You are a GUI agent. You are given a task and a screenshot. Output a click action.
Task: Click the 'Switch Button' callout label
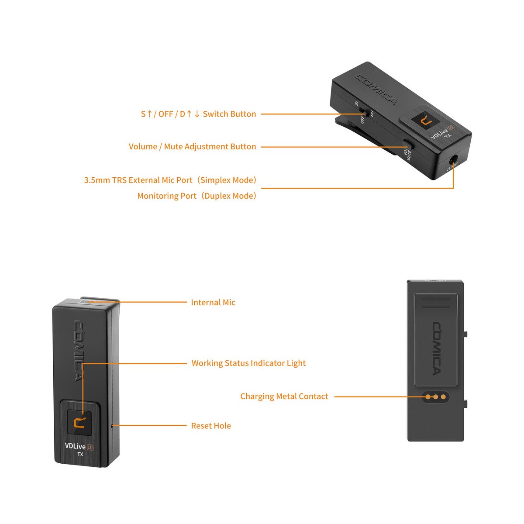198,114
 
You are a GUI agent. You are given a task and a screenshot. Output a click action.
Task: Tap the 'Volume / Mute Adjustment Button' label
192,147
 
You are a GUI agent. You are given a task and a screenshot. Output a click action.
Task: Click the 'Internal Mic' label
213,302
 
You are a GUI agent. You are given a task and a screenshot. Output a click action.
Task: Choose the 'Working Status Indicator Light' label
248,363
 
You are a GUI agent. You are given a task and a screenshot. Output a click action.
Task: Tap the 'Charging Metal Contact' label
284,396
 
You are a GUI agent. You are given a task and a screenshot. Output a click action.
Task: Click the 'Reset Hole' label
211,426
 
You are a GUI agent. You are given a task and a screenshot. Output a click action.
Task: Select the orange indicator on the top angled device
423,121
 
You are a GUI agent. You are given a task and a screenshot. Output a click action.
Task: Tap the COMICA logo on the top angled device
376,90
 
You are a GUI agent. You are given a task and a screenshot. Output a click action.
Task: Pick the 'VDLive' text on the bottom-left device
76,446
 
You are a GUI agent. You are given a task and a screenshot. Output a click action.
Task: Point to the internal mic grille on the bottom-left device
86,301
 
